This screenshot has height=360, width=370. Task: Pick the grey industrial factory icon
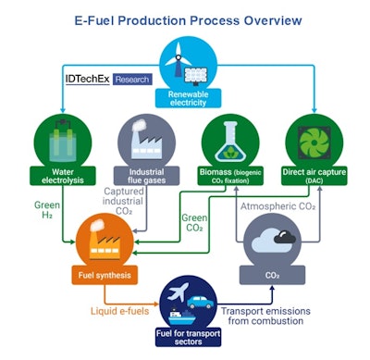coord(140,141)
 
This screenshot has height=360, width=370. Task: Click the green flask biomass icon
coord(228,141)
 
